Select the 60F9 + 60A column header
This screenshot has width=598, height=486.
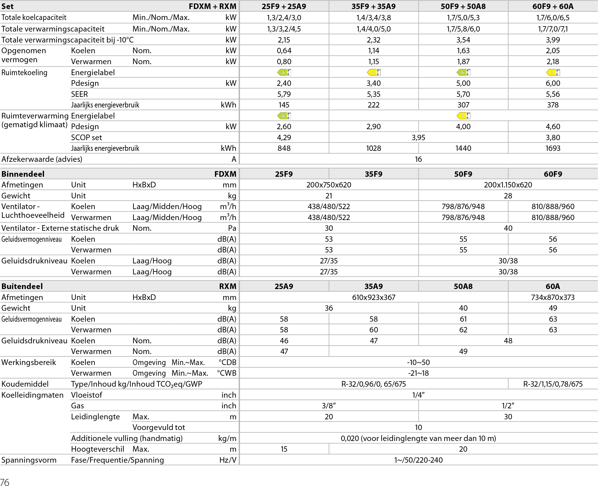click(x=553, y=6)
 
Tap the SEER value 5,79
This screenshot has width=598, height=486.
click(x=284, y=94)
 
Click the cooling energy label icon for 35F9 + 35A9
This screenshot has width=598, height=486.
click(x=374, y=73)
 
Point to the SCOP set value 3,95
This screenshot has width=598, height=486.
click(x=418, y=137)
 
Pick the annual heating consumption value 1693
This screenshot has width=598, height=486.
click(x=553, y=148)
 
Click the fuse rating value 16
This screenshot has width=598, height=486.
click(x=418, y=159)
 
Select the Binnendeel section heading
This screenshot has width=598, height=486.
click(x=23, y=174)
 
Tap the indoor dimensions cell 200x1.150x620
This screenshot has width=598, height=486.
click(x=508, y=185)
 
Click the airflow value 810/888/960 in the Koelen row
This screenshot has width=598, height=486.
click(x=553, y=207)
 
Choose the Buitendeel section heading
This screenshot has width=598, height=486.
click(x=22, y=286)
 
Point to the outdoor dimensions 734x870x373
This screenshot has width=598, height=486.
click(x=553, y=297)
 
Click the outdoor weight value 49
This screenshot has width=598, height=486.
click(x=553, y=308)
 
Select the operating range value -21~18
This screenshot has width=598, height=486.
click(x=418, y=373)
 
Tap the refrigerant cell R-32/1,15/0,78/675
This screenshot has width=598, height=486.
click(x=553, y=384)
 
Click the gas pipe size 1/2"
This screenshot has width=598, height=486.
click(x=508, y=406)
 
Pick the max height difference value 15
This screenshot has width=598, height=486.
click(x=284, y=449)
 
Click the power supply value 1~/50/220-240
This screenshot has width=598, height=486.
click(x=418, y=460)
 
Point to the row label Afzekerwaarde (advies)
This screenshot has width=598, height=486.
click(x=42, y=159)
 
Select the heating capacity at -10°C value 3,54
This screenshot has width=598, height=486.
click(x=463, y=40)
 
